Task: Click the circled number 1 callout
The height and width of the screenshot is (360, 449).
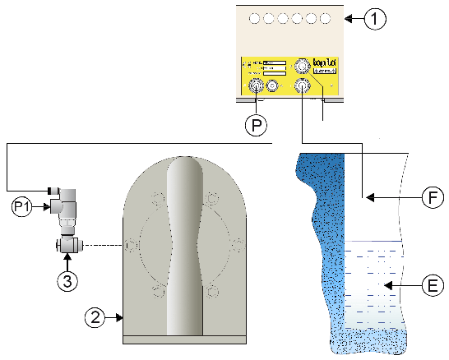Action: tap(374, 18)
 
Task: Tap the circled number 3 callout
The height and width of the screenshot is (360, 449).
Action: tap(68, 279)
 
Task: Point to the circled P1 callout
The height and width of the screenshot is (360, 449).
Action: tap(22, 204)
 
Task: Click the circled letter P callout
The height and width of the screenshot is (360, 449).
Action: tap(256, 127)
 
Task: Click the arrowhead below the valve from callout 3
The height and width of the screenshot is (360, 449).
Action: tap(68, 257)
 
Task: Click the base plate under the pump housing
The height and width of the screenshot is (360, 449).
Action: tap(184, 339)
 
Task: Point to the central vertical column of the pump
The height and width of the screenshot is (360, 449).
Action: tap(184, 247)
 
